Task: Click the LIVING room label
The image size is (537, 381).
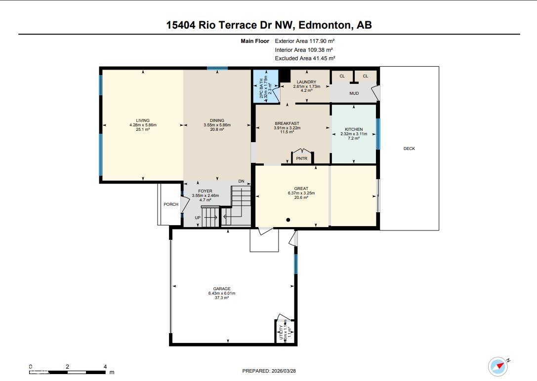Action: pos(143,120)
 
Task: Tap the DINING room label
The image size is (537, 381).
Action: pos(217,120)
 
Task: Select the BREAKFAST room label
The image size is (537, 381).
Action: pos(287,123)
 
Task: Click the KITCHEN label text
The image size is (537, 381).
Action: pos(353,129)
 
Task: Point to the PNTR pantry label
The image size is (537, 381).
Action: pos(301,158)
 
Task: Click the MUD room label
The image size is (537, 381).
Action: pos(354,93)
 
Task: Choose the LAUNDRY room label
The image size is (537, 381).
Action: pos(306,82)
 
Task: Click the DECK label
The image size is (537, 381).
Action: pos(409,149)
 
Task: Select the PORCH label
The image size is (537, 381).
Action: pos(171,204)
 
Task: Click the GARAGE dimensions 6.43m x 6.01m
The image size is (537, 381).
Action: pos(222,293)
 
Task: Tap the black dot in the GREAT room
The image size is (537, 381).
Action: pos(288,220)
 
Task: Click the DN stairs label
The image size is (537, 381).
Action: pos(241,182)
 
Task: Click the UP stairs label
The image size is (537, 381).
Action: pos(198,218)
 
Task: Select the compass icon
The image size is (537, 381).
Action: pos(498,366)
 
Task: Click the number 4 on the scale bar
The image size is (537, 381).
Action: pos(105,367)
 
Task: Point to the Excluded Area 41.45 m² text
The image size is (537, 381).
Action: pos(305,58)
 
